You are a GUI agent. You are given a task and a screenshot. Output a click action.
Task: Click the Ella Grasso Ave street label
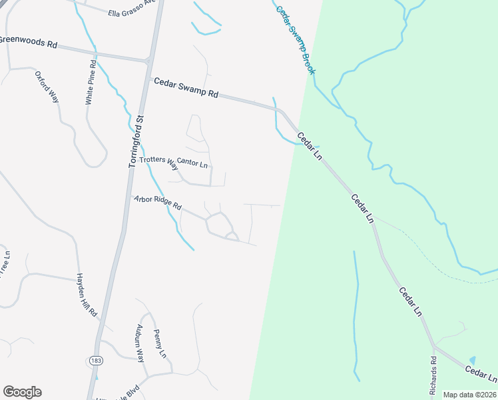pos(132,13)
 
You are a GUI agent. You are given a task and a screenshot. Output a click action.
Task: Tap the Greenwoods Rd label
pos(29,42)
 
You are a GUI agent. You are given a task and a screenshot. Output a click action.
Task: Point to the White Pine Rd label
pos(91,83)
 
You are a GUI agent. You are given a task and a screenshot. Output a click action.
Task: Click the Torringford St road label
pos(136,142)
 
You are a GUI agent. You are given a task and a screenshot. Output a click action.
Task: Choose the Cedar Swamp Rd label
pos(186,88)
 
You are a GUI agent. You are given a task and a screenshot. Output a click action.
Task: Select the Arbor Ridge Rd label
pos(158,203)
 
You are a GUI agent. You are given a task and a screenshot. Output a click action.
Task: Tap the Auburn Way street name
pos(140,343)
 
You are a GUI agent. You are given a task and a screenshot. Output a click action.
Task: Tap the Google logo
pos(22,392)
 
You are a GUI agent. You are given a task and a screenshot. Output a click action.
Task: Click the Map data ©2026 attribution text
pos(469,395)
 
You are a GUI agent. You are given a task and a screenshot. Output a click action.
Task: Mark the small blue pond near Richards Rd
pos(473,361)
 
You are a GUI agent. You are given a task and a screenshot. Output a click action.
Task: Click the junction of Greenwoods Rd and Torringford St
pos(148,61)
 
